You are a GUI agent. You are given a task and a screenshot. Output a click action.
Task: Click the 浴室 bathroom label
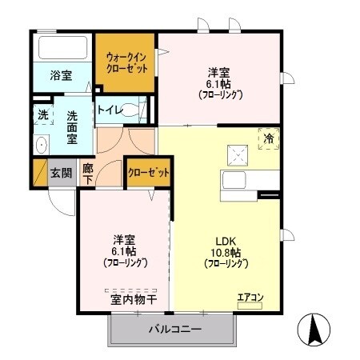61,75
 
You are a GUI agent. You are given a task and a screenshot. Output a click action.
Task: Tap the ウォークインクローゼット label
127,62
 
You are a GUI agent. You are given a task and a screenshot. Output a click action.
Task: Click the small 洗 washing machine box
43,114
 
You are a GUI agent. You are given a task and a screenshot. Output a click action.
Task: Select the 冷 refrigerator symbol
269,138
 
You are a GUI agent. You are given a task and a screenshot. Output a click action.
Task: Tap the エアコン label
250,298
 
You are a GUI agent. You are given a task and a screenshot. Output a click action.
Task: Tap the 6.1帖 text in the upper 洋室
219,82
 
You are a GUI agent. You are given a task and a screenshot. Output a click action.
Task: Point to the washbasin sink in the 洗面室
42,145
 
